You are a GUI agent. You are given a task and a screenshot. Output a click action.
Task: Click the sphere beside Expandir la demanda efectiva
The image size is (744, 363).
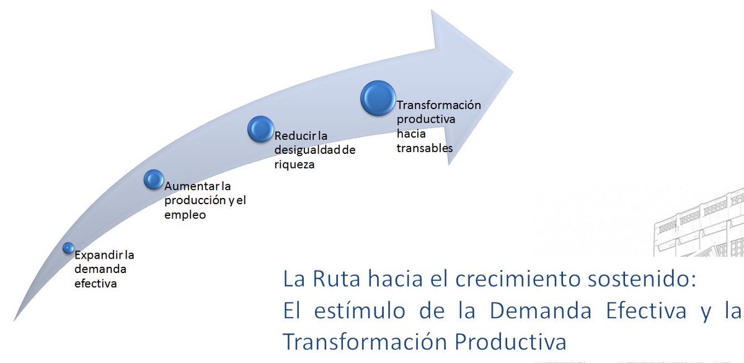coord(68,248)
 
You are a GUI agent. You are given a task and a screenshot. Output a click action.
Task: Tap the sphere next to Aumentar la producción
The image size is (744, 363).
coord(153,179)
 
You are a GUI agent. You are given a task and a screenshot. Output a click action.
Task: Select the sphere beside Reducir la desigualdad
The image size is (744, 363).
coord(260,129)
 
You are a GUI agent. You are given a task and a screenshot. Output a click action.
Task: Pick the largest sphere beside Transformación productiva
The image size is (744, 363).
coord(378,98)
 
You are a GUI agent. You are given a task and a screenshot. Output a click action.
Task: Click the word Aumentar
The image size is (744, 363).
coord(186,185)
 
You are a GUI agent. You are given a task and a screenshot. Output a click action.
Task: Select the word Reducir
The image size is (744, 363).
coord(294,135)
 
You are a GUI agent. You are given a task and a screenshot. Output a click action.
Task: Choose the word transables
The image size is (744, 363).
coord(424,148)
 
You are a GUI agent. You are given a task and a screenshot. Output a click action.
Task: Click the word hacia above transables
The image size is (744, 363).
coord(411,134)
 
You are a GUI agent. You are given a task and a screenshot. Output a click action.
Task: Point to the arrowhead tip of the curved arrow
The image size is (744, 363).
coord(512,69)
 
